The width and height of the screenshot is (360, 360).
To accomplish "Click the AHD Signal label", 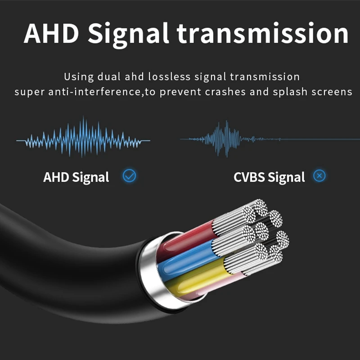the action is (x=76, y=177).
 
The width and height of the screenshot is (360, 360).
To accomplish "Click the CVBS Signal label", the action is (x=269, y=177).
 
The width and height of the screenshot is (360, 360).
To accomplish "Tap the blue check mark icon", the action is (x=130, y=175).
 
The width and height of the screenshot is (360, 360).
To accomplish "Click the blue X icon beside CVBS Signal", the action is (x=319, y=175).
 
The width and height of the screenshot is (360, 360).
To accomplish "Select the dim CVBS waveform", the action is (x=220, y=138).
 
